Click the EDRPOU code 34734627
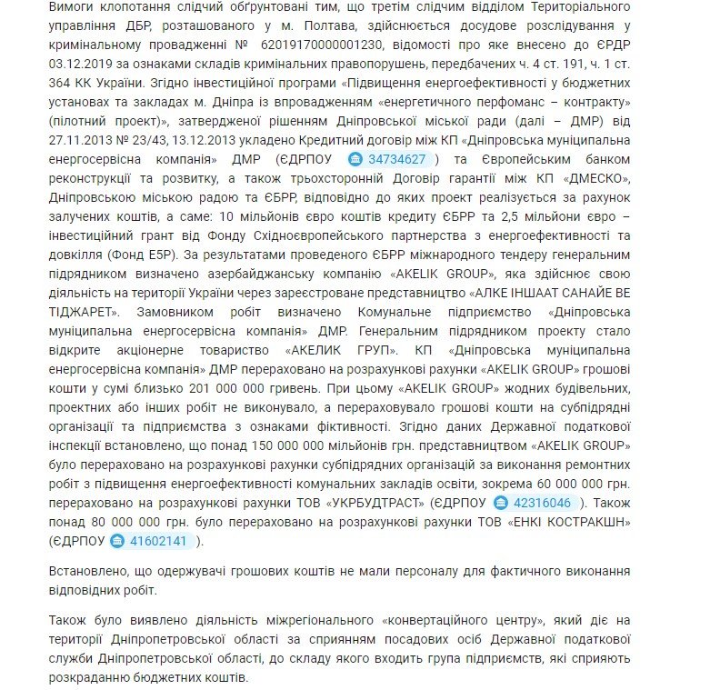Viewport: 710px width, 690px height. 397,158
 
